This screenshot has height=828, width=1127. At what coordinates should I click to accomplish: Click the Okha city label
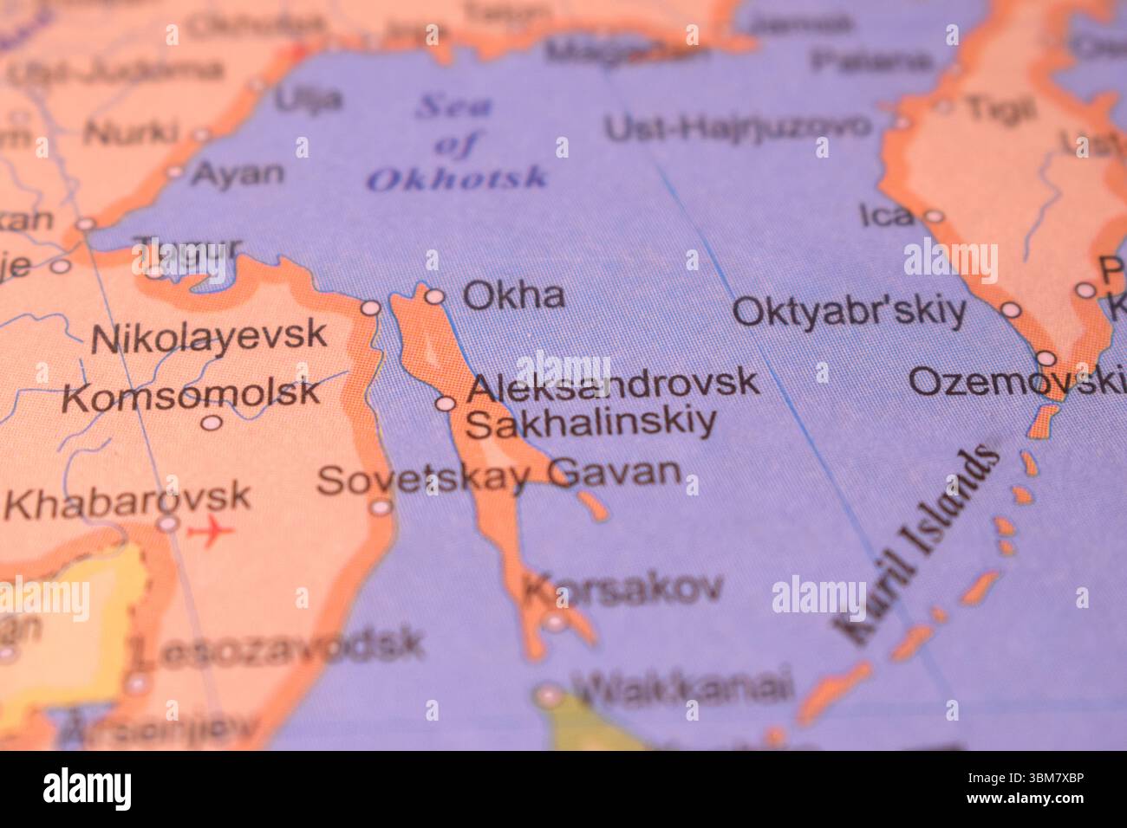pyautogui.click(x=513, y=295)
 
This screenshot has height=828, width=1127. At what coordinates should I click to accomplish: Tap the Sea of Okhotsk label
pyautogui.click(x=456, y=143)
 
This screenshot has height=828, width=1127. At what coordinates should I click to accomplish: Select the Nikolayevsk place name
pyautogui.click(x=209, y=336)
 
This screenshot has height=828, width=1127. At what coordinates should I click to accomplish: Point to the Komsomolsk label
pyautogui.click(x=191, y=395)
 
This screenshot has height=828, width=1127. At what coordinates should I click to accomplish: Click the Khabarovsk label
pyautogui.click(x=127, y=500)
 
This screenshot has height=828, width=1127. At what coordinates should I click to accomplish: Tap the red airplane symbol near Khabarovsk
pyautogui.click(x=211, y=530)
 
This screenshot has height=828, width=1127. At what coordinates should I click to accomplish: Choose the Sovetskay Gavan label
pyautogui.click(x=498, y=475)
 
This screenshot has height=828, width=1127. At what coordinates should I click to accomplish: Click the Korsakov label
pyautogui.click(x=622, y=589)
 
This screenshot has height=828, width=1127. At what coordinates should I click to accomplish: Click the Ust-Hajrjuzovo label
pyautogui.click(x=737, y=127)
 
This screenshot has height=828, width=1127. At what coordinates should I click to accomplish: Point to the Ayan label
pyautogui.click(x=237, y=173)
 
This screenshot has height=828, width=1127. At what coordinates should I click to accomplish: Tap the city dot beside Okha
pyautogui.click(x=434, y=297)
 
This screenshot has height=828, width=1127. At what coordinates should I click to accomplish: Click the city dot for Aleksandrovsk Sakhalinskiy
pyautogui.click(x=445, y=403)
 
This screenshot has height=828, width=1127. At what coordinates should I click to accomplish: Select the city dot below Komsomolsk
pyautogui.click(x=211, y=423)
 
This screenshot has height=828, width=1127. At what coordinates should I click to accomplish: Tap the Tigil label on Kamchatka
pyautogui.click(x=1000, y=109)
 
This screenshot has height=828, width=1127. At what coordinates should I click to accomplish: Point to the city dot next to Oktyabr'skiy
pyautogui.click(x=1011, y=310)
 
